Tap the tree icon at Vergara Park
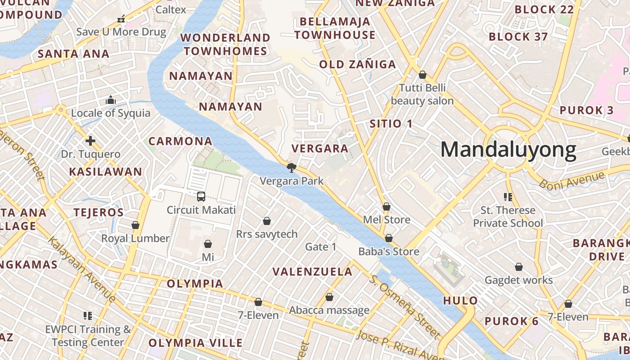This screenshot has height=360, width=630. pyautogui.click(x=292, y=168)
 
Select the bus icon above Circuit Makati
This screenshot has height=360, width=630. pyautogui.click(x=201, y=197)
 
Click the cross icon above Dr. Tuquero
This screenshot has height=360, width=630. pyautogui.click(x=90, y=141)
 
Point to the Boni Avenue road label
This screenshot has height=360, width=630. pyautogui.click(x=571, y=180)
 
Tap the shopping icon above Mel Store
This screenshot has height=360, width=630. pyautogui.click(x=386, y=207)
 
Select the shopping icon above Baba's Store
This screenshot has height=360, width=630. pyautogui.click(x=389, y=238)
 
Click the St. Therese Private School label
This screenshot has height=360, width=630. pyautogui.click(x=508, y=216)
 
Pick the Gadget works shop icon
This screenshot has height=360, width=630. pyautogui.click(x=519, y=267)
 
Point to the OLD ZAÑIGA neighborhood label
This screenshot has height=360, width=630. pyautogui.click(x=357, y=64)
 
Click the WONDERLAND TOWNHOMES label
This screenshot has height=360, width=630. pyautogui.click(x=225, y=44)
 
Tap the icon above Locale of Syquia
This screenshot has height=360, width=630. pyautogui.click(x=111, y=100)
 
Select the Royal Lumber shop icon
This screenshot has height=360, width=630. pyautogui.click(x=135, y=225)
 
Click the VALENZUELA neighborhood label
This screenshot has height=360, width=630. pyautogui.click(x=313, y=272)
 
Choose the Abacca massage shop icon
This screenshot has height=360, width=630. pyautogui.click(x=329, y=297)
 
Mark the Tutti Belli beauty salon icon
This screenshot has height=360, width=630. pyautogui.click(x=422, y=75)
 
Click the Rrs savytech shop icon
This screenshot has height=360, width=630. pyautogui.click(x=267, y=221)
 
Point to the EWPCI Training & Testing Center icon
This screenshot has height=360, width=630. pyautogui.click(x=88, y=316)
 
